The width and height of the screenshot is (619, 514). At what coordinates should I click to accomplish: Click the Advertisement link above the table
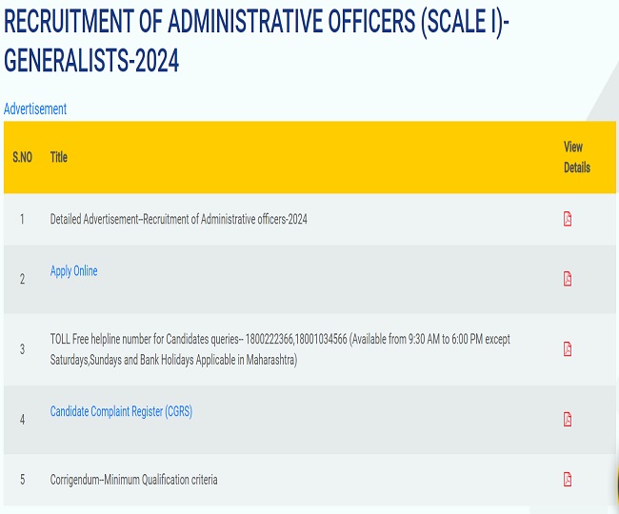[x=35, y=109]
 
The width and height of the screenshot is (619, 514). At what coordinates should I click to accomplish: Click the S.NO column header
[x=22, y=157]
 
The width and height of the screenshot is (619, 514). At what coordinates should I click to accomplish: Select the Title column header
[x=59, y=157]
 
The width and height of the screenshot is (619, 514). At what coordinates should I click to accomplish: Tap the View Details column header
[x=576, y=157]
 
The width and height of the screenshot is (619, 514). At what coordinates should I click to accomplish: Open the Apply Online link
[x=73, y=271]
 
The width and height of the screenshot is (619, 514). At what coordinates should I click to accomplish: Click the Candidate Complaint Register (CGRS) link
[x=121, y=411]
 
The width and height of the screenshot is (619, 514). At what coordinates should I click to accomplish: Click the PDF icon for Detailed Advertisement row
[x=568, y=219]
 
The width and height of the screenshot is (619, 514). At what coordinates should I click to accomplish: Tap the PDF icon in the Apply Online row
[x=568, y=279]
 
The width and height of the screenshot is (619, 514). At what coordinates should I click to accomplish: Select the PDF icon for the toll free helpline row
[x=568, y=348]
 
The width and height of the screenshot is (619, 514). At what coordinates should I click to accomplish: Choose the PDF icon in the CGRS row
[x=568, y=419]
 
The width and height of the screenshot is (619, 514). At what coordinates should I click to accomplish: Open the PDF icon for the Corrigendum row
[x=568, y=479]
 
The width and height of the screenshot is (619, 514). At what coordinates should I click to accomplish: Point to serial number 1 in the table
[x=22, y=219]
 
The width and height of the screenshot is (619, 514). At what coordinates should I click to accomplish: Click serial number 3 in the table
[x=22, y=349]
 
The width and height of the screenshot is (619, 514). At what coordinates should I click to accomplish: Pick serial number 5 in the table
[x=22, y=480]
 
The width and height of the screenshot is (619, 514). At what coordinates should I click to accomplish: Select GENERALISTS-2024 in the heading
[x=91, y=61]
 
